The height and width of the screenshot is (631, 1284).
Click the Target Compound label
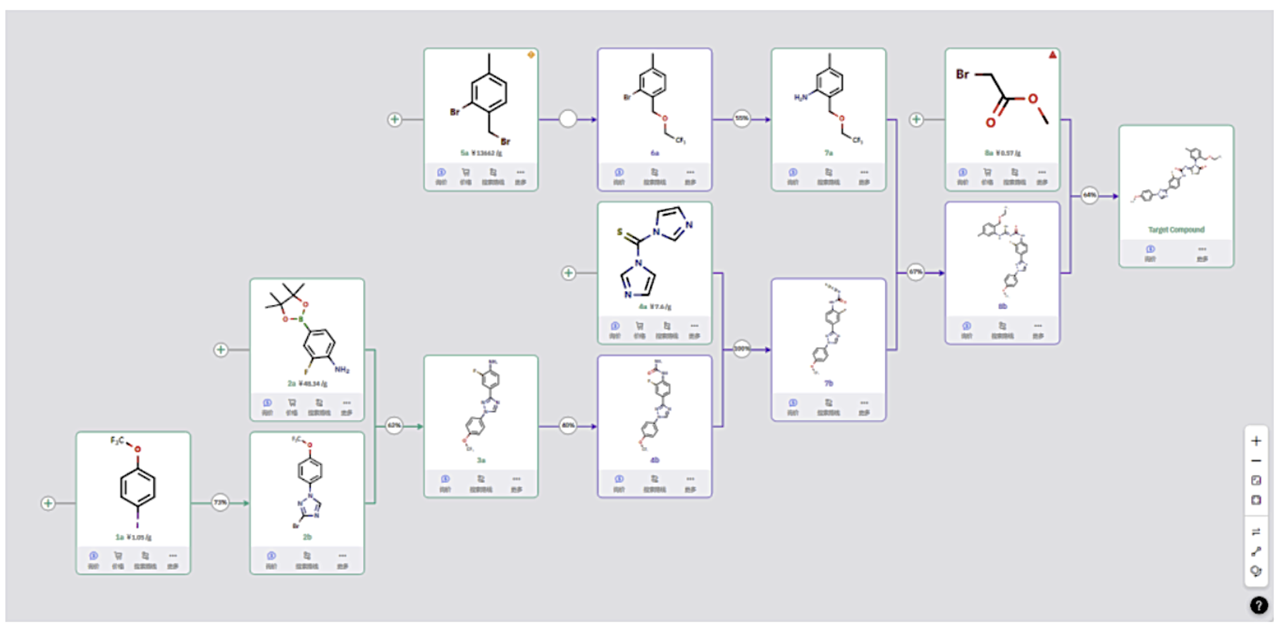click(x=1176, y=230)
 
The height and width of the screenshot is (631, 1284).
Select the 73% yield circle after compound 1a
click(x=220, y=503)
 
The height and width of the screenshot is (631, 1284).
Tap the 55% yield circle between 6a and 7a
click(x=742, y=118)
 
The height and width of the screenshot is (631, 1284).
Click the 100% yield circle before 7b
click(x=742, y=348)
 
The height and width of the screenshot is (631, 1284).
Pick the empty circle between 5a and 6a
click(x=568, y=119)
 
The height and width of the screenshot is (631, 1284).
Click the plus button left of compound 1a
click(x=48, y=503)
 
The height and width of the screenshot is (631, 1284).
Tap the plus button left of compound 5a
click(x=395, y=119)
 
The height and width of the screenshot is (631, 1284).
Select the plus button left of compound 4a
click(x=569, y=273)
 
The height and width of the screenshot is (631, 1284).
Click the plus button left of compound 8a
click(x=917, y=119)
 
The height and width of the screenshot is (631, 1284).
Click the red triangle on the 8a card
click(x=1053, y=55)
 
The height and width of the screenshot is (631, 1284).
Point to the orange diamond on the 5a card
click(x=531, y=55)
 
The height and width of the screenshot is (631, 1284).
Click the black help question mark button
click(x=1258, y=605)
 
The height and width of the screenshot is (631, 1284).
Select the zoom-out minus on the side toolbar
click(x=1256, y=461)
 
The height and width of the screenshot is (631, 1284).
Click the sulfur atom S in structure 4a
click(x=620, y=232)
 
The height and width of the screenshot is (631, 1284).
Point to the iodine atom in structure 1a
click(x=137, y=525)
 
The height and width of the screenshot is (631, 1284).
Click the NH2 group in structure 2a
click(x=342, y=369)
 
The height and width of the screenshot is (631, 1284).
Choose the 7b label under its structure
click(x=828, y=383)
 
